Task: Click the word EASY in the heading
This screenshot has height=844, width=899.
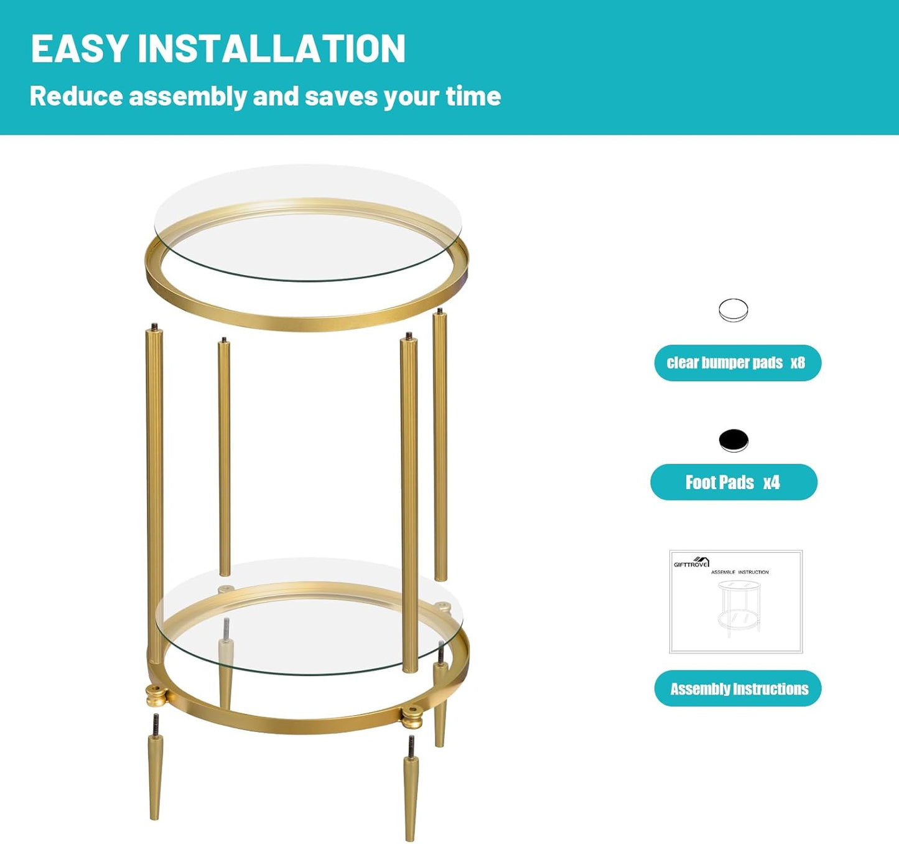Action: (x=80, y=49)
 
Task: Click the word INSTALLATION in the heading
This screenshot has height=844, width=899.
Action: (x=271, y=49)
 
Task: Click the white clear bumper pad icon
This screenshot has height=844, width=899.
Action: (x=734, y=310)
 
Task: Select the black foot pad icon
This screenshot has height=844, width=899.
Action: (x=734, y=440)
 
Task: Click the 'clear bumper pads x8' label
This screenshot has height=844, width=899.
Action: (x=737, y=363)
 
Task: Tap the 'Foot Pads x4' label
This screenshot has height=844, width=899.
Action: (x=734, y=482)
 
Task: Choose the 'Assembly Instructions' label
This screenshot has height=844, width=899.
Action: (x=738, y=688)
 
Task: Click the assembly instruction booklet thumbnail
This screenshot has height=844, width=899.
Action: (x=736, y=602)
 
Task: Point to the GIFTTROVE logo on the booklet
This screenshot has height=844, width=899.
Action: (x=691, y=563)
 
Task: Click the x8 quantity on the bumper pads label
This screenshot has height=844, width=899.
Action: (x=798, y=363)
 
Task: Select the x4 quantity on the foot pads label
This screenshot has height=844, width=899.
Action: (x=771, y=482)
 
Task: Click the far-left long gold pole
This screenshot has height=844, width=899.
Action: (x=155, y=485)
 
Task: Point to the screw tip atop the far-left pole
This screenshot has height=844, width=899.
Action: (x=154, y=326)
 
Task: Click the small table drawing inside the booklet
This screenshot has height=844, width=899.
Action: (x=738, y=607)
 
